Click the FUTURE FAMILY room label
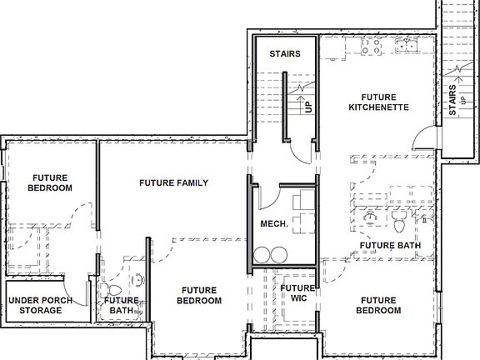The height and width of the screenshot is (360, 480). (173, 182)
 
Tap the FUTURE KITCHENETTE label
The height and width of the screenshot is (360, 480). (377, 102)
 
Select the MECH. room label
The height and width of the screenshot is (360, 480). (274, 223)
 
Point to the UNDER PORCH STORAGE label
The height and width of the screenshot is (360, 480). (40, 305)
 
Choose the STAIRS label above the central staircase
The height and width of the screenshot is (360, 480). (283, 54)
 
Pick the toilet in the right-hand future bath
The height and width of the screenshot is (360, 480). (401, 221)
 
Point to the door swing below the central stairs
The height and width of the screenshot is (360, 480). (300, 150)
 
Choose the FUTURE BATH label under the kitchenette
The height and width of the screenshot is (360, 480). (390, 246)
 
